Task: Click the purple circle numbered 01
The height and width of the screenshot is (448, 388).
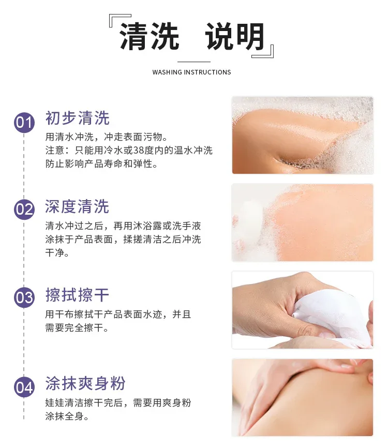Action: tap(24, 122)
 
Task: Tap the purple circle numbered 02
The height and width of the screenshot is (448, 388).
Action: tap(24, 209)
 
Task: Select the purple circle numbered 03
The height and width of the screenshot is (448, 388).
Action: tap(24, 297)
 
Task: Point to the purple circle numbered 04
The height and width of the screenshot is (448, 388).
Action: tap(24, 387)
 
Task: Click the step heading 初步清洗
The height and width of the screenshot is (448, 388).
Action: tap(78, 118)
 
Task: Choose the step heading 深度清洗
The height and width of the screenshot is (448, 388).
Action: tap(77, 206)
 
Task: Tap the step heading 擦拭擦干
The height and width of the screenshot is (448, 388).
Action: tap(77, 295)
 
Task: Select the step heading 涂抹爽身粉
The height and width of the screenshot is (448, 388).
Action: tap(85, 383)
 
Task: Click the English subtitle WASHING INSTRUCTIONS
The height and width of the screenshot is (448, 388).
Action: tap(191, 72)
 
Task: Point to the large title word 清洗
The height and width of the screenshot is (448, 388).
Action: tap(149, 37)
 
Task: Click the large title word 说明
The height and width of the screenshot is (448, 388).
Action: tap(234, 37)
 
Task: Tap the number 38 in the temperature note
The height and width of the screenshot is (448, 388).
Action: tap(139, 151)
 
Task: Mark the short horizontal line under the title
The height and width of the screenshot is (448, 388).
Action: tap(194, 62)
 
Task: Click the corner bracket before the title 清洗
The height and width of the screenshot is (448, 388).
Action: tap(120, 21)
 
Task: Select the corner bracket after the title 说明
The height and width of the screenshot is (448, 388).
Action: tap(263, 51)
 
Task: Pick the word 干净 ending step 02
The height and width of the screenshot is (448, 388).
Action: tap(54, 252)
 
